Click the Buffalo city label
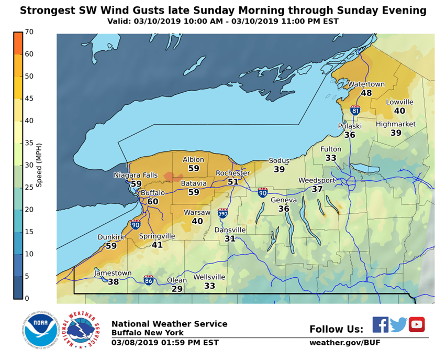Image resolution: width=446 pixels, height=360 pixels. (x=153, y=193)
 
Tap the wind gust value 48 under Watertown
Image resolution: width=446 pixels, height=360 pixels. (x=366, y=93)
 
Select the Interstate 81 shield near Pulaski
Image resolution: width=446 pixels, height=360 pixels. (x=355, y=111)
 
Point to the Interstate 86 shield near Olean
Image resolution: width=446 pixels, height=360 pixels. (x=149, y=280)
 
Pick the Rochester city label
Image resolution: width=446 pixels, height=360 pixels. (x=233, y=173)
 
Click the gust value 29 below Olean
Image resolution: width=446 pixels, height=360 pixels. (x=177, y=289)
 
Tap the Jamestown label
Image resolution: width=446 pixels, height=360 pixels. (x=113, y=273)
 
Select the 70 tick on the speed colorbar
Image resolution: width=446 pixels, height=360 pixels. (x=29, y=32)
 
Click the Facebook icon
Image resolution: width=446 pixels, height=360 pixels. (x=381, y=324)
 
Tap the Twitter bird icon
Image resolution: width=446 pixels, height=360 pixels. (x=398, y=324)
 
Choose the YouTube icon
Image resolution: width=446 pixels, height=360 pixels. (x=417, y=324)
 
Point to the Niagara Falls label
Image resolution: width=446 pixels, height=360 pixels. (x=136, y=175)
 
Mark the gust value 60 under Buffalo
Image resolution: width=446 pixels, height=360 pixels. (x=153, y=202)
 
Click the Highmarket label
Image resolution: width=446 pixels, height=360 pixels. (x=396, y=124)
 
